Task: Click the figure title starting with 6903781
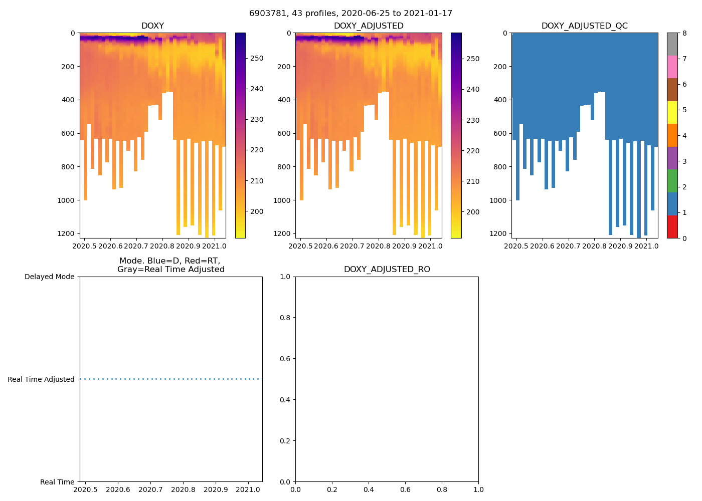350,14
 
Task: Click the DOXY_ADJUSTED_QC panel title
584,26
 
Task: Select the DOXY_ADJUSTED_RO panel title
387,270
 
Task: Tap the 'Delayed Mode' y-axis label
49,277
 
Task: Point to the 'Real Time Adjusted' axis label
41,379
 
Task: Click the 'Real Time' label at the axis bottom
57,482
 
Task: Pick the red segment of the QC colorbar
672,226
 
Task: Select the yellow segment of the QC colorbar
672,112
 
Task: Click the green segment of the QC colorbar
672,181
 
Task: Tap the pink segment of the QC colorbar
672,67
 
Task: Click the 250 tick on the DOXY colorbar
257,58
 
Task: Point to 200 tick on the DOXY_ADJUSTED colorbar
473,212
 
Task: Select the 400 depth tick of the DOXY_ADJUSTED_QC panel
500,100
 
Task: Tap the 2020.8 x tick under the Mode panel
183,489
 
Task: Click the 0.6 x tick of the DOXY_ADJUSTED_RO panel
405,489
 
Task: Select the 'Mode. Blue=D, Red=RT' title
170,265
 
